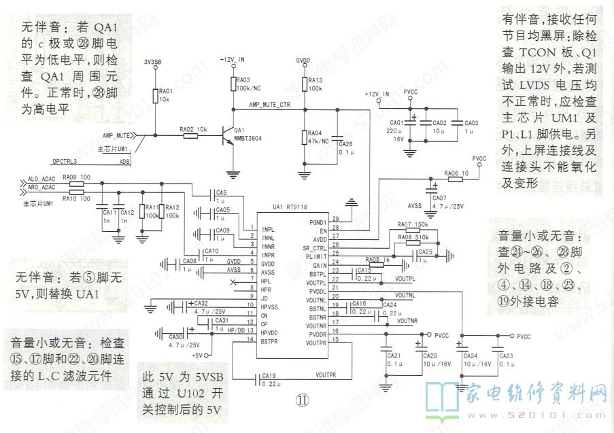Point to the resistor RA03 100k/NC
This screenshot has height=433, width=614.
(233, 84)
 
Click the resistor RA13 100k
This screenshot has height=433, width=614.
(305, 84)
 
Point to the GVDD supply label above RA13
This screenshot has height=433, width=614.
(304, 60)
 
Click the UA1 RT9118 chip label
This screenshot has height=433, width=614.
(291, 207)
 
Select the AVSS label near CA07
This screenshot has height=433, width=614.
(415, 205)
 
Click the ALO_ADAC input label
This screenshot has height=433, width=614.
(41, 179)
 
